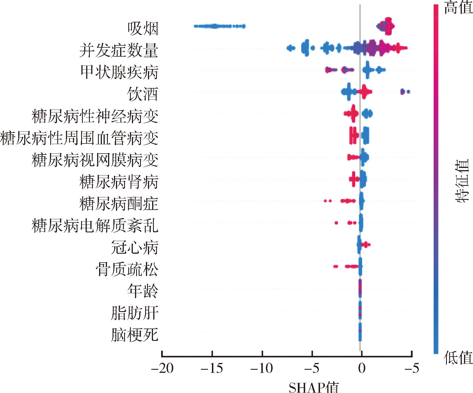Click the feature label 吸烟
pyautogui.click(x=143, y=29)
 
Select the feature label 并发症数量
pyautogui.click(x=119, y=50)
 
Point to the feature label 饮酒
pyautogui.click(x=143, y=94)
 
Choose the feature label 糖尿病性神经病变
pyautogui.click(x=95, y=116)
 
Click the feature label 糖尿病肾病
pyautogui.click(x=119, y=182)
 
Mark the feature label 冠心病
pyautogui.click(x=135, y=248)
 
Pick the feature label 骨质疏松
pyautogui.click(x=127, y=269)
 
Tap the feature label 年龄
pyautogui.click(x=143, y=291)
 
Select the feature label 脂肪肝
pyautogui.click(x=135, y=313)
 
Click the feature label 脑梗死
pyautogui.click(x=135, y=335)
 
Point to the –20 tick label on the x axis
pyautogui.click(x=162, y=368)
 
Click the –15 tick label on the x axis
pyautogui.click(x=212, y=368)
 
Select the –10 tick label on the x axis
pyautogui.click(x=262, y=368)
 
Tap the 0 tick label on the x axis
pyautogui.click(x=362, y=368)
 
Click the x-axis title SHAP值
pyautogui.click(x=314, y=387)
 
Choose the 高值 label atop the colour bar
pyautogui.click(x=458, y=8)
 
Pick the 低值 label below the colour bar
pyautogui.click(x=458, y=358)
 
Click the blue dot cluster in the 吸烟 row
pyautogui.click(x=216, y=26)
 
